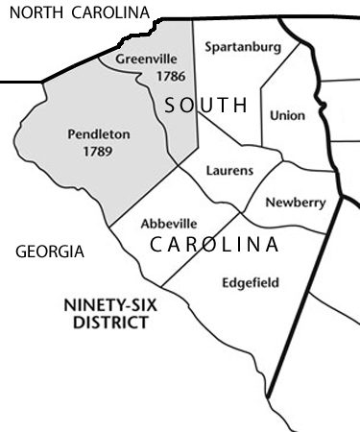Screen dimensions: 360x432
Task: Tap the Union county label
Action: click(288, 115)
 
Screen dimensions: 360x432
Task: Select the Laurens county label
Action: click(230, 171)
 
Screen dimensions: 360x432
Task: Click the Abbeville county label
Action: click(169, 223)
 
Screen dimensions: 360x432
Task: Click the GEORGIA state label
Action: click(51, 252)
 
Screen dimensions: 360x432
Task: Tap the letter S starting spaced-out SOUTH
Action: click(169, 106)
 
